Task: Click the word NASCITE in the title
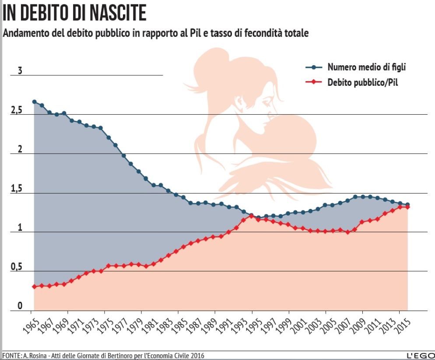coord(118,13)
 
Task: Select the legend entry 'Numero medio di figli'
coord(367,67)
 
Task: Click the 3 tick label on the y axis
coord(20,71)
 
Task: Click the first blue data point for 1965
coord(34,102)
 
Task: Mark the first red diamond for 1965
coord(34,286)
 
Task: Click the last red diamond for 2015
coord(407,207)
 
